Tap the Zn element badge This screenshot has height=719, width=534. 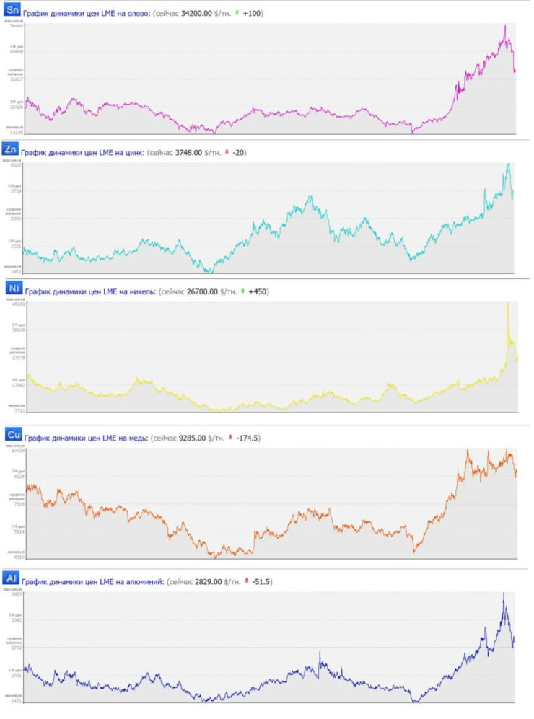coord(10,149)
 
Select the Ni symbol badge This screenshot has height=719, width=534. coord(12,288)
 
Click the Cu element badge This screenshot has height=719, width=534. coord(12,433)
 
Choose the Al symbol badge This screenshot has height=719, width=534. coord(10,578)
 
